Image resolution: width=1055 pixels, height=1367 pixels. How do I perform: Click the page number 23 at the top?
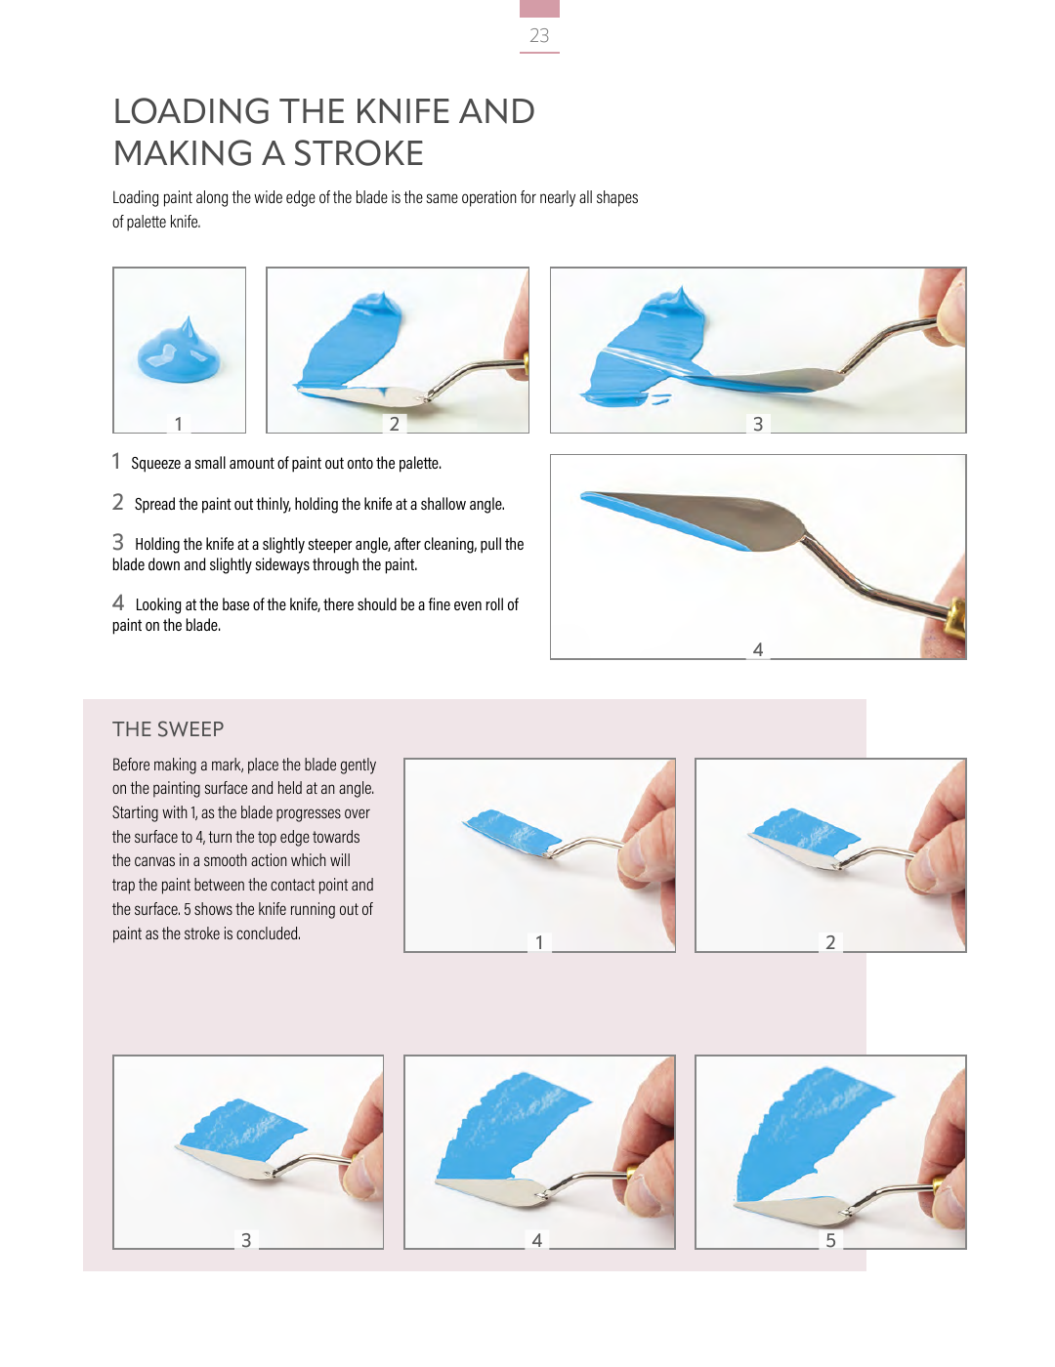(x=539, y=35)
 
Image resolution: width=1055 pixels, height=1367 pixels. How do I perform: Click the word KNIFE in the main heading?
(x=402, y=111)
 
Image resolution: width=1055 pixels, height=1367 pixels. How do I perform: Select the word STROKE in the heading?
(x=359, y=153)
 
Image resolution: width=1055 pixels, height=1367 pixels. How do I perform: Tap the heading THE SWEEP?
(x=168, y=729)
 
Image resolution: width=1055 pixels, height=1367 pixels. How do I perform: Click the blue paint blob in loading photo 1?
(x=180, y=352)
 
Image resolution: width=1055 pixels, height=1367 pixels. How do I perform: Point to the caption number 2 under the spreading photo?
(x=395, y=424)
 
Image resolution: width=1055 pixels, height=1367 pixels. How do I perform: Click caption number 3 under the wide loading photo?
(x=758, y=424)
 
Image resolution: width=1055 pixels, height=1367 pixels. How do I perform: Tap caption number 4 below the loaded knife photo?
(x=758, y=649)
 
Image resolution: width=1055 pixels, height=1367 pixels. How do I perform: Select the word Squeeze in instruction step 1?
(x=156, y=464)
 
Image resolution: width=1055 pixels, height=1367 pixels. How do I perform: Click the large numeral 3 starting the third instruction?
(x=117, y=542)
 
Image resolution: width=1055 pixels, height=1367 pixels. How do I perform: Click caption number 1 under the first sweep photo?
(x=539, y=942)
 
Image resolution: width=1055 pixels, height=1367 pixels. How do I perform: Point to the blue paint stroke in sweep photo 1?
(x=512, y=830)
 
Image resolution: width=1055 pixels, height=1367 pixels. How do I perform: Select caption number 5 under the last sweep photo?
(x=830, y=1240)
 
